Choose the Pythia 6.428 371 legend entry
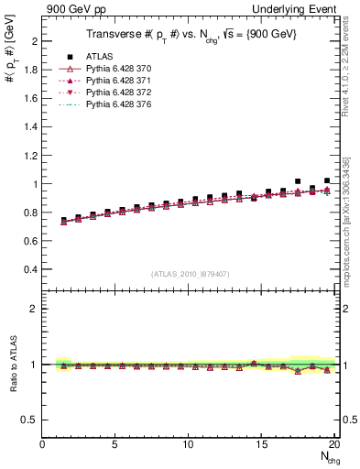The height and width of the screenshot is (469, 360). [121, 81]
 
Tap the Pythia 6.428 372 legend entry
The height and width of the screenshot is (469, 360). [121, 93]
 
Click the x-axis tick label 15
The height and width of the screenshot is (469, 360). [263, 445]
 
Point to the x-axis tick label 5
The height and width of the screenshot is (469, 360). [115, 445]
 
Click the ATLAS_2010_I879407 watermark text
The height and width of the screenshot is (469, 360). [189, 273]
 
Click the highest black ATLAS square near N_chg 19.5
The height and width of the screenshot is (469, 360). [327, 181]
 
